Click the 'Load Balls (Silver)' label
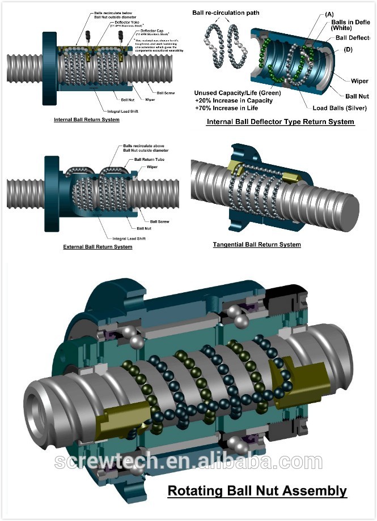(x=340, y=108)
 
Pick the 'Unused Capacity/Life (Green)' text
(x=237, y=92)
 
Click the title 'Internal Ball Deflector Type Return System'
(x=281, y=122)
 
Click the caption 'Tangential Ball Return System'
(x=257, y=245)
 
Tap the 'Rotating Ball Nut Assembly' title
(x=257, y=490)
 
